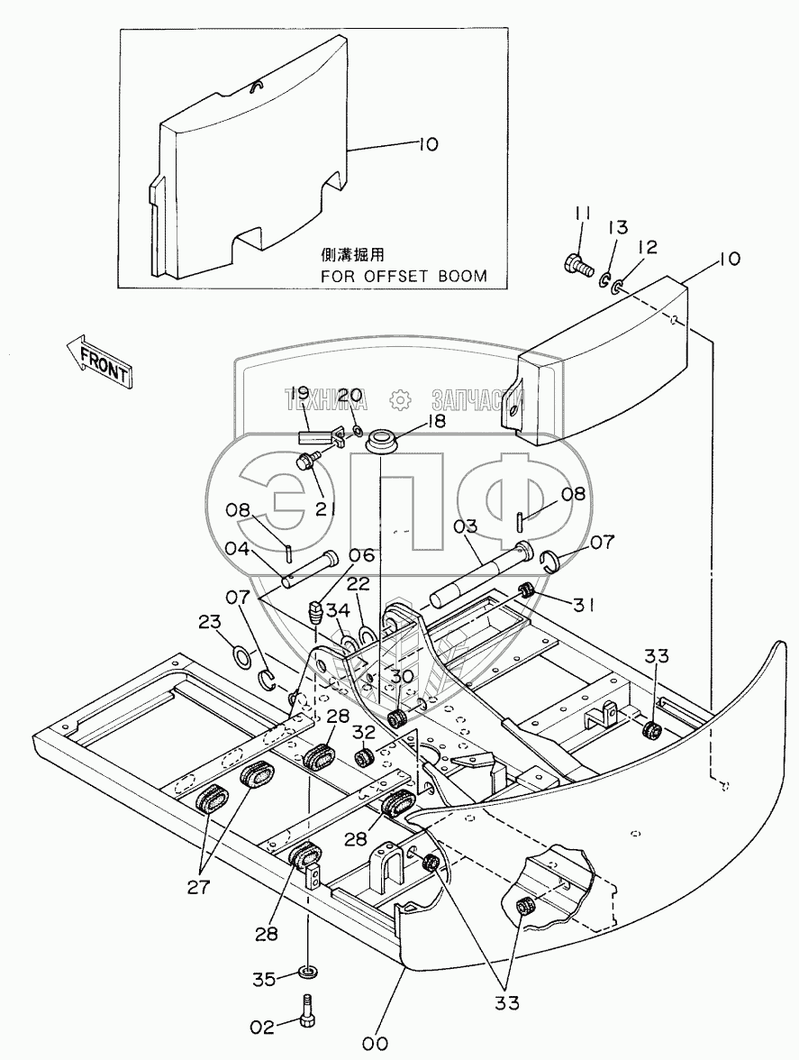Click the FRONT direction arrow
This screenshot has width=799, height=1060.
(99, 360)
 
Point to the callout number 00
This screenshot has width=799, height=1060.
(375, 1043)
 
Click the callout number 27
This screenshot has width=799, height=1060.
(198, 886)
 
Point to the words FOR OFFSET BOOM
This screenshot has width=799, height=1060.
(404, 276)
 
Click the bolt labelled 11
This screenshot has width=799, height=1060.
(573, 265)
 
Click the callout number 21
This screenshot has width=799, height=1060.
(324, 508)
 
